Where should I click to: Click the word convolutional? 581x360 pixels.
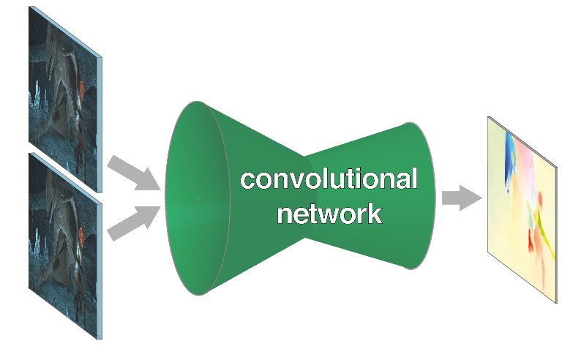coord(329,179)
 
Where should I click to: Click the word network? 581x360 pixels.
coord(330,213)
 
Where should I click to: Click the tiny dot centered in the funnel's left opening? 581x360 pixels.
coord(198,198)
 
